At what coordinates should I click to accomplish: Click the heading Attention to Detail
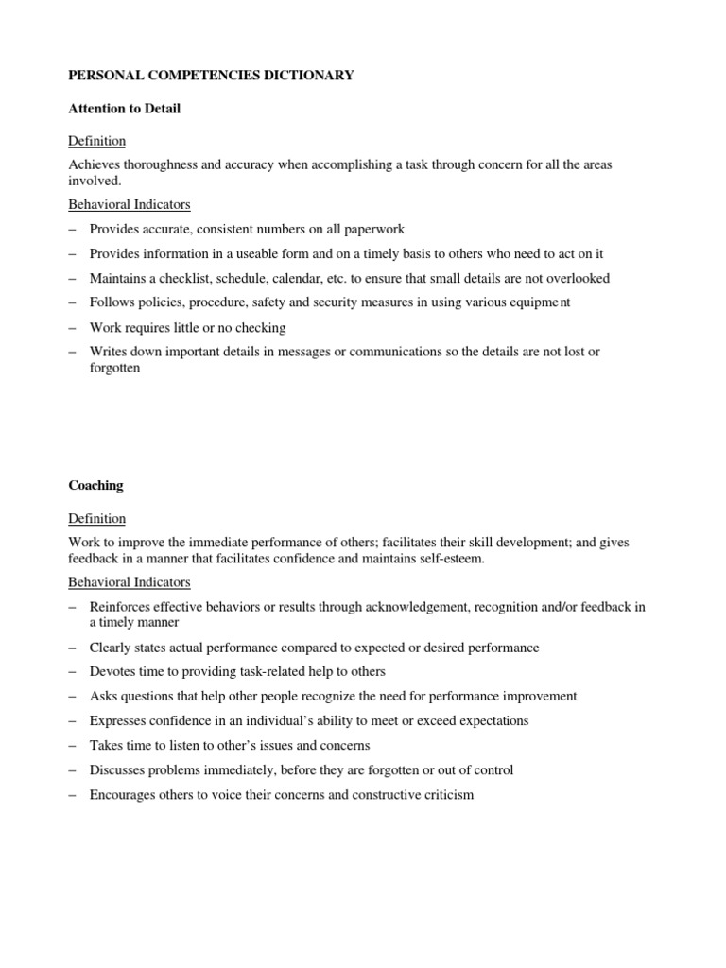coord(124,109)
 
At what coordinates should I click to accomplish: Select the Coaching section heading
coord(95,486)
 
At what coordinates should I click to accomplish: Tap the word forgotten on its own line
coord(114,368)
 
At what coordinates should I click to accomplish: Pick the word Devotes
coord(112,671)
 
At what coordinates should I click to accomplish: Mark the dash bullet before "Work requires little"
coord(73,327)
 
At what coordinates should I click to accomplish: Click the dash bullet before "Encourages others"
coord(73,794)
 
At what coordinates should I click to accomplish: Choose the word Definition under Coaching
coord(96,519)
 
